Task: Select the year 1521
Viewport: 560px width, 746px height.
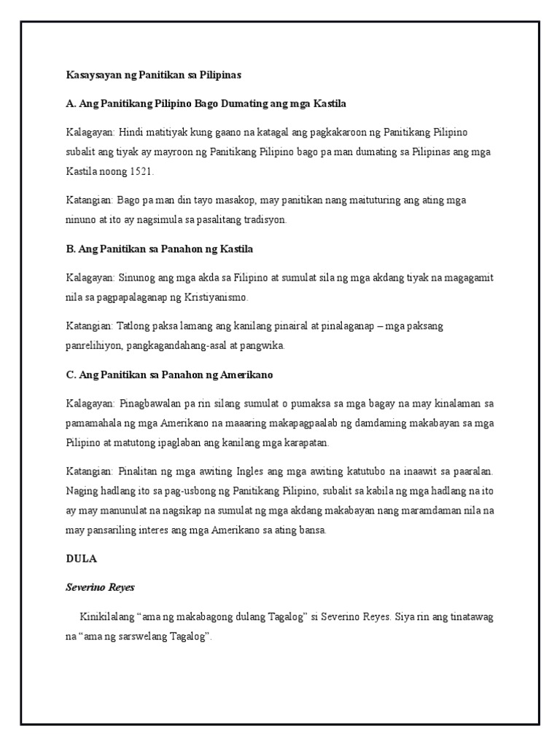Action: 142,171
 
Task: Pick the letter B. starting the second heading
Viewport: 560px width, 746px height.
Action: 70,249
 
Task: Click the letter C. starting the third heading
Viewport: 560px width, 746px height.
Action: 70,374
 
